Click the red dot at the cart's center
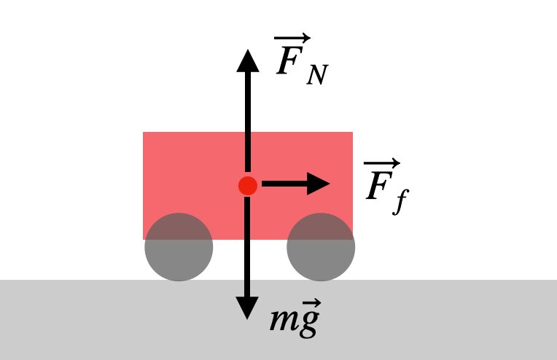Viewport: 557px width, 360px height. pos(248,186)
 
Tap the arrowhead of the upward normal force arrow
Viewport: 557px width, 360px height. pos(248,61)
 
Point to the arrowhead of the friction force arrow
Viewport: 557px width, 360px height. pos(319,184)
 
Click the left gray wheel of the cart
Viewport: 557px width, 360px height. pos(179,247)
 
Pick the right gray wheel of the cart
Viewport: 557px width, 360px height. pos(321,247)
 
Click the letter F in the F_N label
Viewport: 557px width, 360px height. pos(290,60)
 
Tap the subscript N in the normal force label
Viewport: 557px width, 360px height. pos(317,74)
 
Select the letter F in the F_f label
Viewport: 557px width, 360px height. pos(379,185)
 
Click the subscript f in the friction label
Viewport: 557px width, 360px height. pos(402,202)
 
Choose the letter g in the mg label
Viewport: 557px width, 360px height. pos(308,324)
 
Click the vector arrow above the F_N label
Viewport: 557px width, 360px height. pos(292,38)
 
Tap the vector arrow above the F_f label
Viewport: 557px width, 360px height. pos(382,163)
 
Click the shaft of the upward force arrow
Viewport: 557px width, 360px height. pos(248,122)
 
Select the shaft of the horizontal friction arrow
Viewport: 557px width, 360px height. pos(284,184)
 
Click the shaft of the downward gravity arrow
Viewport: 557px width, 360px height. pos(247,247)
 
